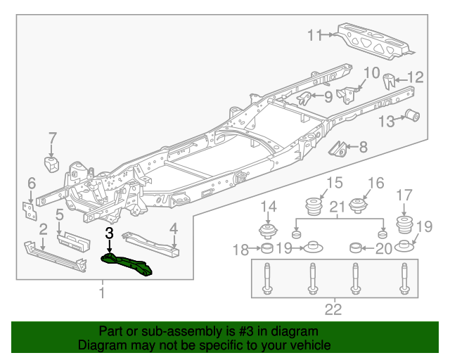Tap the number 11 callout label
tap(314, 34)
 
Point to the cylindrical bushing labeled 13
tap(413, 115)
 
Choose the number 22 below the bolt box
tap(333, 309)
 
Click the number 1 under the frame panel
tap(102, 291)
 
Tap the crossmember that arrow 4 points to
tap(150, 242)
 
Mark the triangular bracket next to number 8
tap(340, 148)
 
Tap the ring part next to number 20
tap(356, 247)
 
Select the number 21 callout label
tap(338, 206)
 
